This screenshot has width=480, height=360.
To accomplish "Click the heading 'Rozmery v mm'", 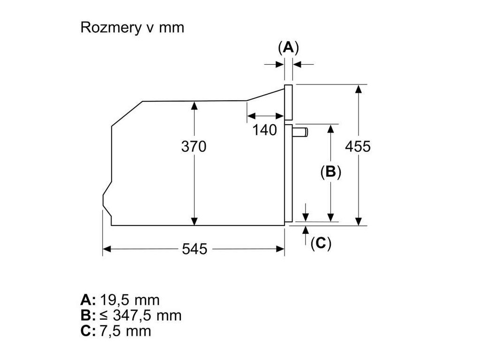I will click(x=132, y=28).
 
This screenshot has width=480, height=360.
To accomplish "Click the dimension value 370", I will click(x=194, y=147).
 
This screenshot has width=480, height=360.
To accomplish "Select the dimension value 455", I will click(x=358, y=147).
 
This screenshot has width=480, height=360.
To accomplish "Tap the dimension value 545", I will click(x=194, y=249).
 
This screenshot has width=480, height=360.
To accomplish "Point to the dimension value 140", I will click(x=265, y=130).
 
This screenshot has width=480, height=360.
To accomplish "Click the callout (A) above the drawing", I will click(x=288, y=47).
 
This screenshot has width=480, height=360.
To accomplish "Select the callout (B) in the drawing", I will click(x=330, y=172).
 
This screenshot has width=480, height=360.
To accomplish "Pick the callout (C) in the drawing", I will click(x=321, y=243).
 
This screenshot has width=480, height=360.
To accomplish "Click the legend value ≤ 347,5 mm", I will click(x=140, y=315).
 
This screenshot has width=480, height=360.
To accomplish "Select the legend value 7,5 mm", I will click(x=125, y=331).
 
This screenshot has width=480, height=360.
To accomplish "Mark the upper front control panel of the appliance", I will click(x=288, y=102).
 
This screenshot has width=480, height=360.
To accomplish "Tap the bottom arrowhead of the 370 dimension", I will click(x=194, y=221).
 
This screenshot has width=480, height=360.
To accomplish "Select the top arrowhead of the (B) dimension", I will click(x=331, y=128).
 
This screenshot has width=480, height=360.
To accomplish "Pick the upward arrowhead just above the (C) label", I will click(x=306, y=229).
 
